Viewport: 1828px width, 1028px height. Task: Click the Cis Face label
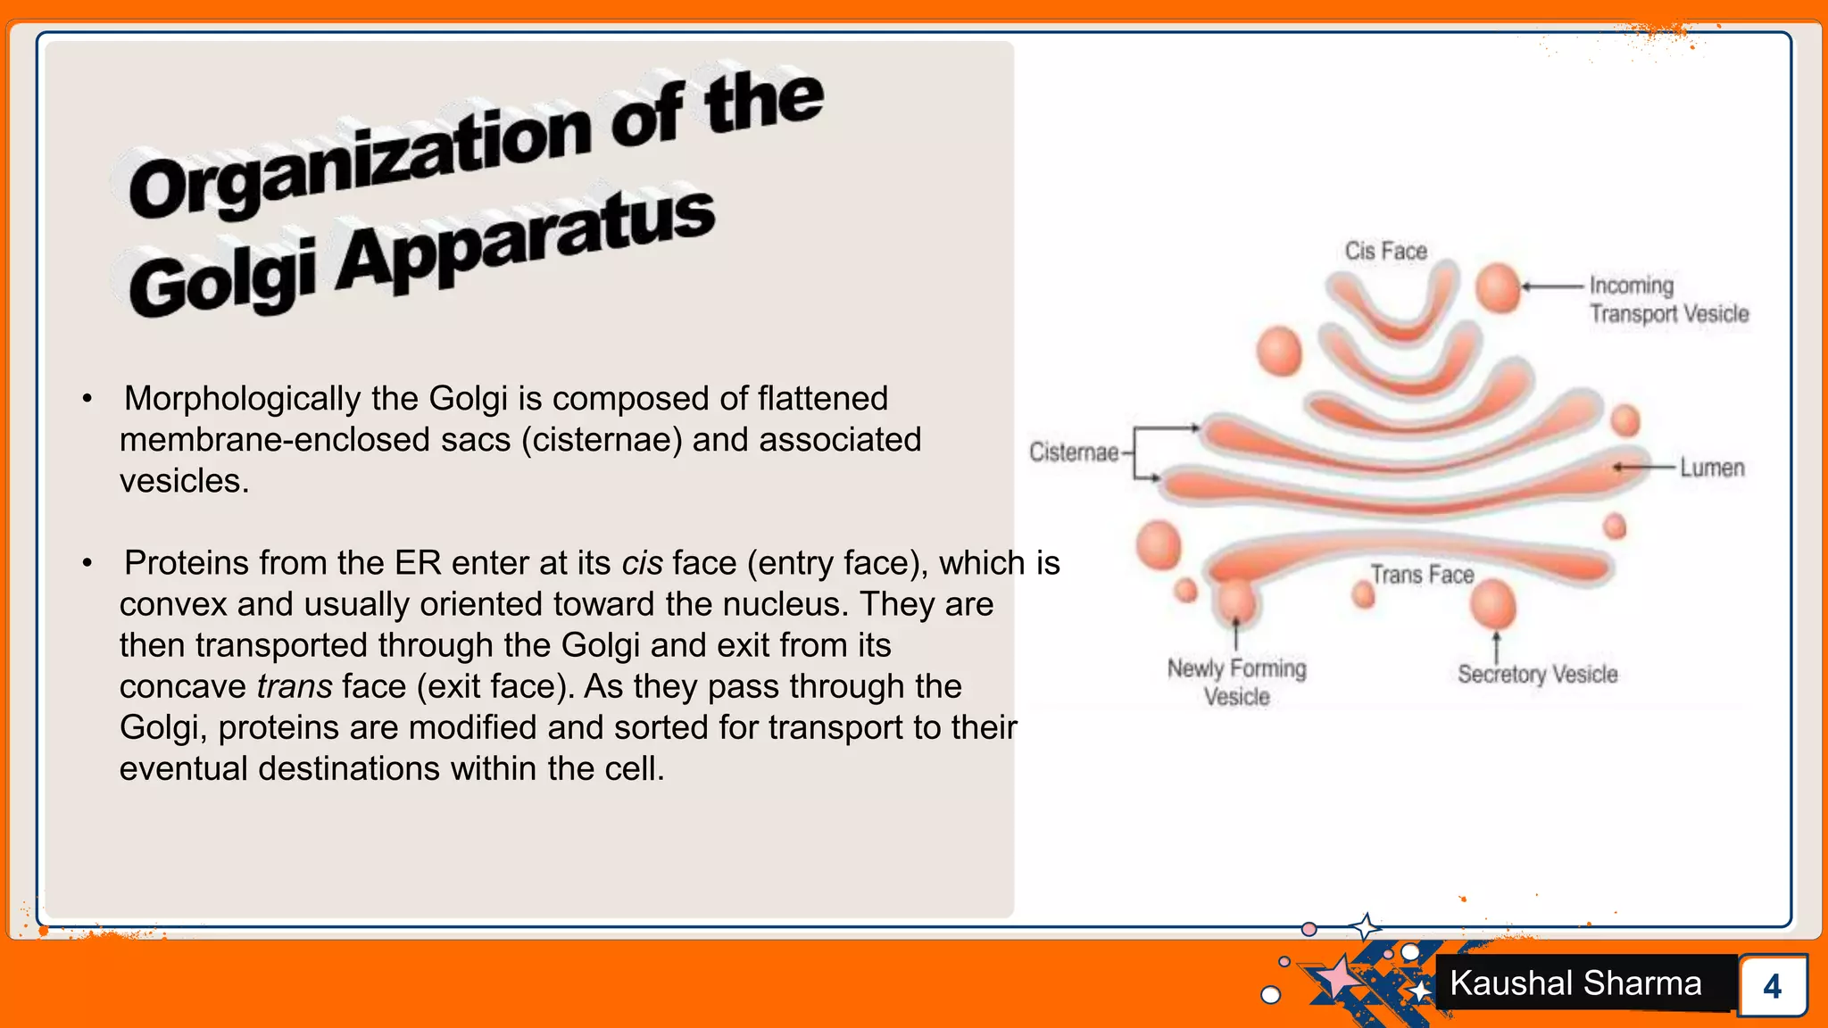(x=1385, y=252)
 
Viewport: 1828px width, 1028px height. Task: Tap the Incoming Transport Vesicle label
(x=1667, y=300)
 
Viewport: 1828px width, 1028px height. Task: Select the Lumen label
(x=1711, y=468)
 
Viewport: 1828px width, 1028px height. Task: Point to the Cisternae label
(x=1073, y=452)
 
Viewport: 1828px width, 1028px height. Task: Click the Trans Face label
(x=1422, y=575)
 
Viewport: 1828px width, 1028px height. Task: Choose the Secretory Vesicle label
(x=1537, y=675)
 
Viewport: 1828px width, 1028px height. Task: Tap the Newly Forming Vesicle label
(x=1236, y=683)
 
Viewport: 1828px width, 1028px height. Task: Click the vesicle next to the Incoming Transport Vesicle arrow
(x=1498, y=287)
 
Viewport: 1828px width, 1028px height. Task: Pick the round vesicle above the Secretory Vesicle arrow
(x=1493, y=604)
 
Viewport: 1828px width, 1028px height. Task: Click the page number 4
(x=1772, y=986)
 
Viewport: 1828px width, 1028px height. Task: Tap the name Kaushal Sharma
(x=1575, y=983)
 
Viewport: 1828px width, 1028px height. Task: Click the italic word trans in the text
(x=295, y=686)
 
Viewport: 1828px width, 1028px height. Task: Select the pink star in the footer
(x=1337, y=977)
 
